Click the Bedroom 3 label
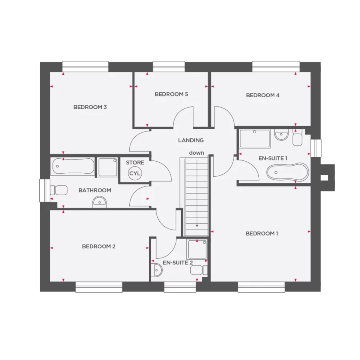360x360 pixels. tap(90, 107)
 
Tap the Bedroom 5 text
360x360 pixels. tap(171, 94)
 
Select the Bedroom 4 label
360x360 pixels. tap(263, 95)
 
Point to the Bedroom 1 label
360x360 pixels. tap(262, 234)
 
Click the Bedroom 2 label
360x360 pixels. tap(99, 246)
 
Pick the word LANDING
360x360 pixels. tap(191, 140)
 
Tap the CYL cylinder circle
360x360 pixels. tap(135, 174)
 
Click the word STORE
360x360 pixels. tap(135, 163)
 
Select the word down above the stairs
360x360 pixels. tap(196, 153)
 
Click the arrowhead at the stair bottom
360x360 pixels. tap(197, 226)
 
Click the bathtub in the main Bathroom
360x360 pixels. tap(73, 166)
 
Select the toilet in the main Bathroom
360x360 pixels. tap(58, 190)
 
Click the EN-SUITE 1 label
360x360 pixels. tap(273, 158)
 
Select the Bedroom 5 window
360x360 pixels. tap(169, 66)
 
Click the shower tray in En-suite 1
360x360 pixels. tap(255, 138)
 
